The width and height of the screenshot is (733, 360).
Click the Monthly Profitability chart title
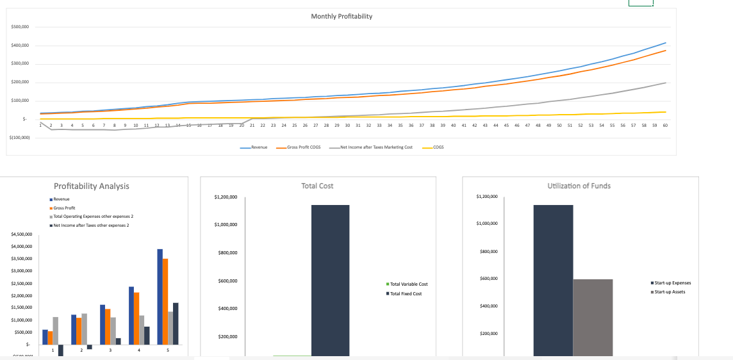click(x=341, y=16)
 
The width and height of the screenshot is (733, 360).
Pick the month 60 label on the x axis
click(x=665, y=126)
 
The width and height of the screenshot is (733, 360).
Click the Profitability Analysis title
click(x=91, y=186)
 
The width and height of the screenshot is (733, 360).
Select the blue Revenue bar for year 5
click(x=160, y=296)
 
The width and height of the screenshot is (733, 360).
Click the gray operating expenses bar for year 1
click(x=56, y=331)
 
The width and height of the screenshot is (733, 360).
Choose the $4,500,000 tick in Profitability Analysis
click(x=23, y=234)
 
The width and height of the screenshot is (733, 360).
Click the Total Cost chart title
click(x=317, y=186)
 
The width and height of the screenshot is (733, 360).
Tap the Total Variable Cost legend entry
click(x=408, y=284)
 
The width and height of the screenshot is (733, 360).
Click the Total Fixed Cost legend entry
click(x=406, y=293)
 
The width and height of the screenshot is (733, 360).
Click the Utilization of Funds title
click(x=579, y=186)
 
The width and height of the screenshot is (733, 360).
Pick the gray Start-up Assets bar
click(x=593, y=317)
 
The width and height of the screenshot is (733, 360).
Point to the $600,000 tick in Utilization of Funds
click(x=489, y=279)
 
